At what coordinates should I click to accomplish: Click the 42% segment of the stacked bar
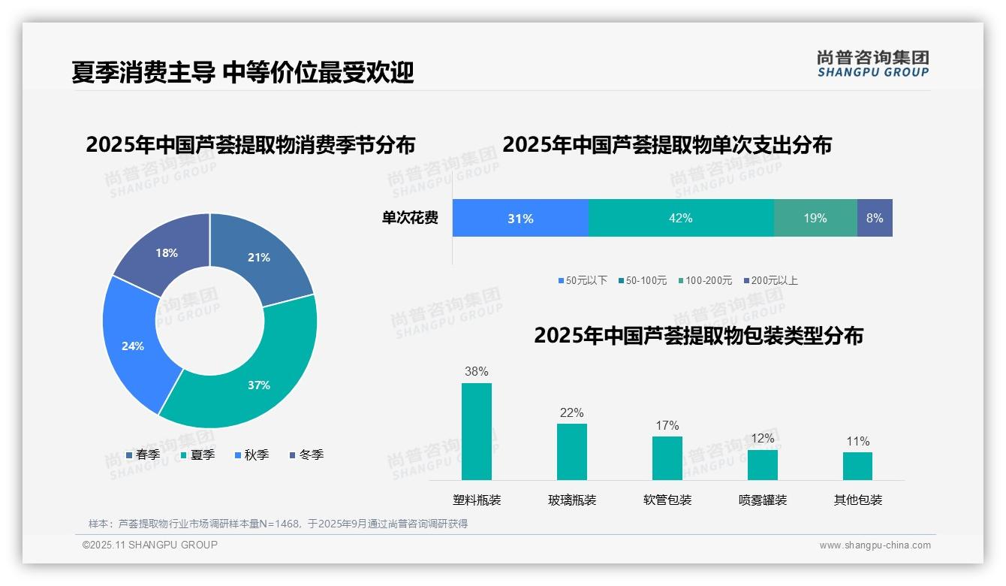click(680, 218)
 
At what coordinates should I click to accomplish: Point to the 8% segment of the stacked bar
click(875, 218)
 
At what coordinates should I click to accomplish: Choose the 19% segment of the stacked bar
click(815, 218)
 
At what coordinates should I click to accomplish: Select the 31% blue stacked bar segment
click(520, 218)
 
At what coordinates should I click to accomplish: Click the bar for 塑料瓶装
click(476, 431)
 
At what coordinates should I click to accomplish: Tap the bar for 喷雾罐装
click(762, 464)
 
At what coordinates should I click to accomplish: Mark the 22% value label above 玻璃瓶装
click(571, 412)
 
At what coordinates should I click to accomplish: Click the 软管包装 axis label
click(667, 500)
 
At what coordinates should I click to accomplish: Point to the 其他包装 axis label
click(858, 500)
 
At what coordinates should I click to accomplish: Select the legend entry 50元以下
click(583, 280)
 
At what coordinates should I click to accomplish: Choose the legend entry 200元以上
click(771, 280)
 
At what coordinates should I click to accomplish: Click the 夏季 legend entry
click(197, 455)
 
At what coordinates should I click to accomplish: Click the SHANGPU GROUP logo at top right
click(872, 64)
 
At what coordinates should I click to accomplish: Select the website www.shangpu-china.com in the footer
click(875, 545)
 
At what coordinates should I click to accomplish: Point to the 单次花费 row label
click(410, 218)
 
